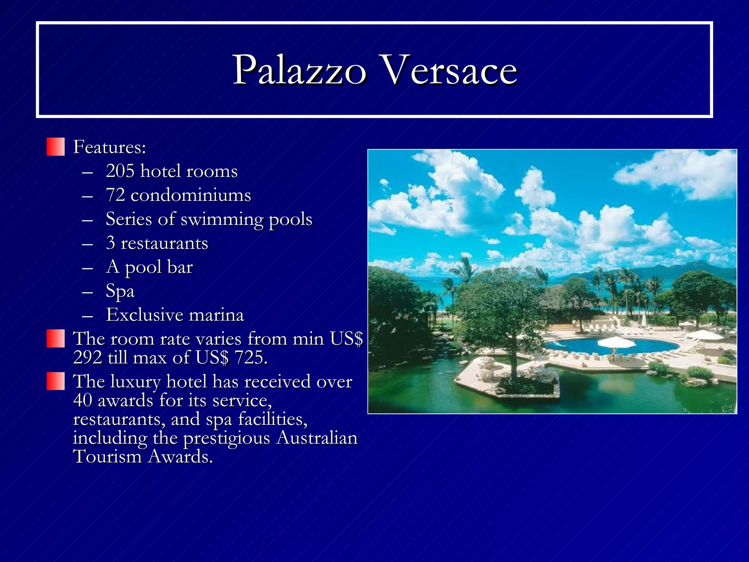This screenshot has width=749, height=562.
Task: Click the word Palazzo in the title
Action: pos(299,70)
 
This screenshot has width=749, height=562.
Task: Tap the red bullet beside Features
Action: pos(56,147)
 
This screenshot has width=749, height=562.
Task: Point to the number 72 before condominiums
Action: pos(115,195)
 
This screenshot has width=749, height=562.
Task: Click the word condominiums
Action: pos(191,195)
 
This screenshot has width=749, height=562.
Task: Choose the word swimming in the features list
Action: pos(222,220)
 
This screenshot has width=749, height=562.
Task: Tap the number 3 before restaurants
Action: pos(110,243)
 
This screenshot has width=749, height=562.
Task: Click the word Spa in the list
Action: pos(120,291)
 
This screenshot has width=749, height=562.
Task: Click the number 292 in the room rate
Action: pos(87,357)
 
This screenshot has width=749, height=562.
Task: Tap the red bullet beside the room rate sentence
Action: pos(56,338)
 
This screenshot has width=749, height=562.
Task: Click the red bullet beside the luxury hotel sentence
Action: pos(56,381)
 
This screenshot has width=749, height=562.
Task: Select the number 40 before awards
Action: pos(83,400)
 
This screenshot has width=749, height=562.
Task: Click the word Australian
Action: pos(317,438)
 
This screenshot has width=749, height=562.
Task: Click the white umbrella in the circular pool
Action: pos(617,342)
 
